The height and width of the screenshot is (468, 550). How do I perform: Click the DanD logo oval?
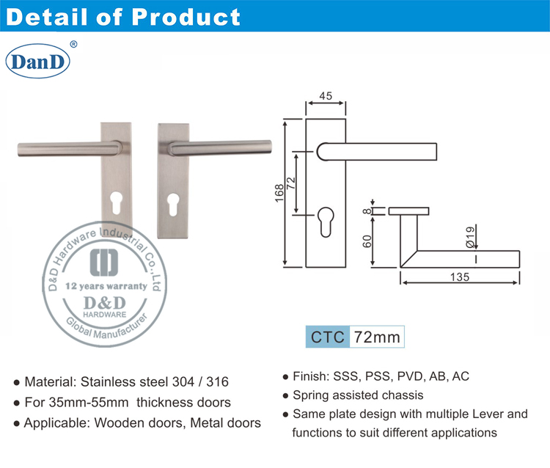(x=37, y=62)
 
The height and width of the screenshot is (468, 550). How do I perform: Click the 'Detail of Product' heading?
(x=123, y=17)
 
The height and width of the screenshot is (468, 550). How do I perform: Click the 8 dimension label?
(x=364, y=212)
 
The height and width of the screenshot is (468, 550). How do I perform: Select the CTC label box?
(x=328, y=338)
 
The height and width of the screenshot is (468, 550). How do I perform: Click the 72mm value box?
(x=377, y=338)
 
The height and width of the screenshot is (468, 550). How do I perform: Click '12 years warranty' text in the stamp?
(x=106, y=286)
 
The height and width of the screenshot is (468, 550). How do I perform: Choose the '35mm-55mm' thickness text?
(x=78, y=402)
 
